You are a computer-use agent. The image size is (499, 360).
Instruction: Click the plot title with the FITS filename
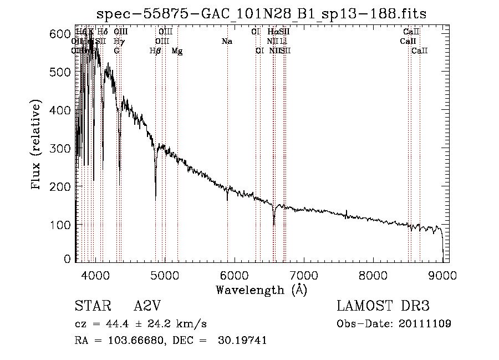[x=262, y=14]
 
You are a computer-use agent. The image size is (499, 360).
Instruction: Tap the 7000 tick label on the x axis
[x=303, y=275]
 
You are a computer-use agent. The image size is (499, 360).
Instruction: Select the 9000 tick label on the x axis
[x=442, y=275]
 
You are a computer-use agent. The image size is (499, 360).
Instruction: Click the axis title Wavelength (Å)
[x=261, y=290]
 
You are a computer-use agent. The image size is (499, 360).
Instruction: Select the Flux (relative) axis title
[x=37, y=145]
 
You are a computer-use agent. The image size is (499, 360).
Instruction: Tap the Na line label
[x=226, y=42]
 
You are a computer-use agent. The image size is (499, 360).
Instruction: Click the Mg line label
[x=177, y=51]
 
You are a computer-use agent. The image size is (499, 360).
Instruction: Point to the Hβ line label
[x=155, y=51]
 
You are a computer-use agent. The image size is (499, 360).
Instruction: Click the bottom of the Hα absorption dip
[x=274, y=225]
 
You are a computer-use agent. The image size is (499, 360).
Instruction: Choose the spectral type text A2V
[x=149, y=306]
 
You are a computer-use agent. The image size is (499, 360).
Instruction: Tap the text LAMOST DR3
[x=383, y=306]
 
